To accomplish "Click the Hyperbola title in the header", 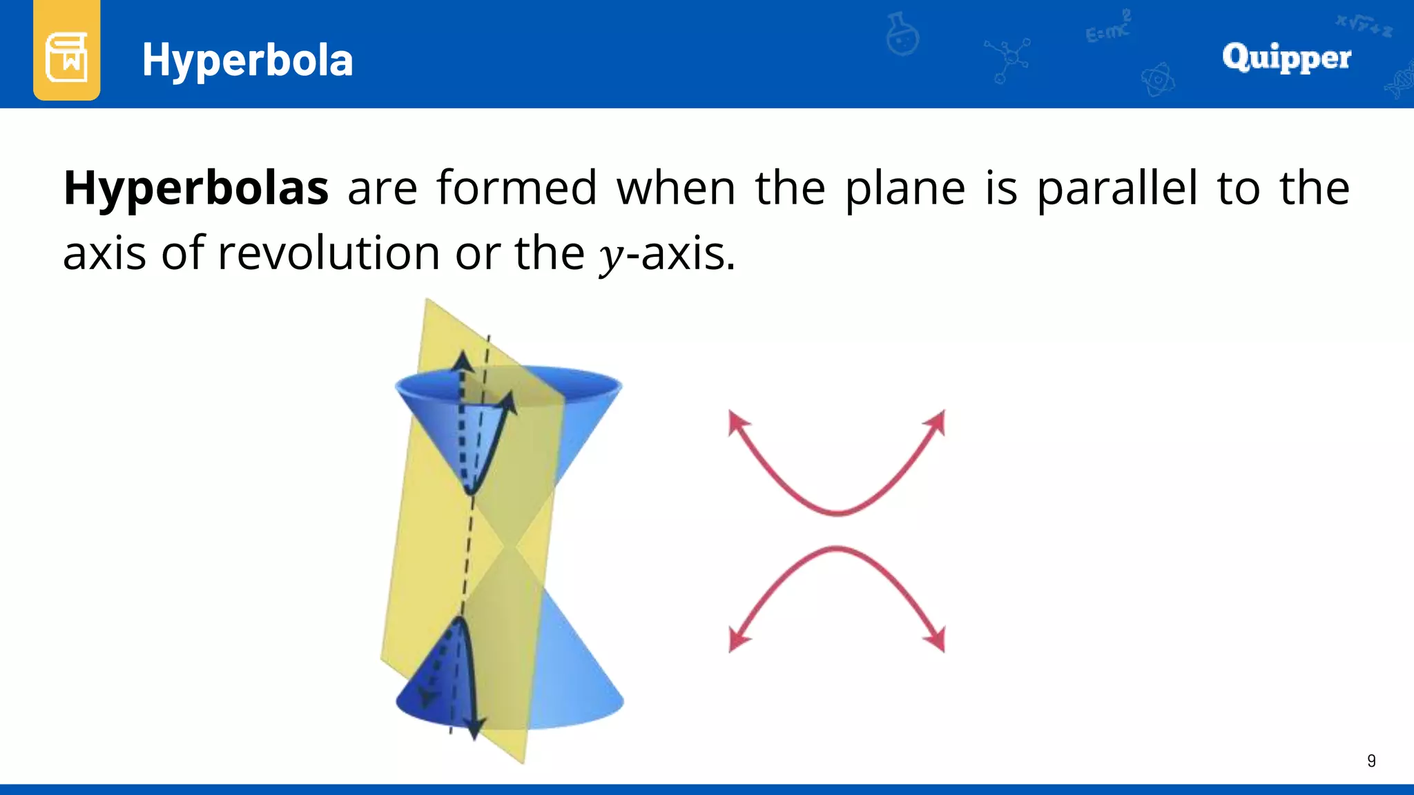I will click(247, 60).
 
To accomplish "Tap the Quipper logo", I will click(1286, 58).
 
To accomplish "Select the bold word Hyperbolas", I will click(196, 188).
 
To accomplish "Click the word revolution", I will click(329, 253).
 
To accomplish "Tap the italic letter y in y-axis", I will click(610, 255).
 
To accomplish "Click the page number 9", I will click(1371, 760).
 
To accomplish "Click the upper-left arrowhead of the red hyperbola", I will click(737, 420).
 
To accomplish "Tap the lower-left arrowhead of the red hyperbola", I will click(737, 642).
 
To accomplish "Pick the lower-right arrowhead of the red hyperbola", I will click(937, 642).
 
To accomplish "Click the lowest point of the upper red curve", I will click(837, 513).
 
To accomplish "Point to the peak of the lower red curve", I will click(837, 549).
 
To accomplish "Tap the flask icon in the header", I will click(902, 35).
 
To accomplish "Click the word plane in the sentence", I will click(904, 188).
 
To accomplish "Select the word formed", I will click(516, 188).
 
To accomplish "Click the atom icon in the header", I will click(1157, 80).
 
